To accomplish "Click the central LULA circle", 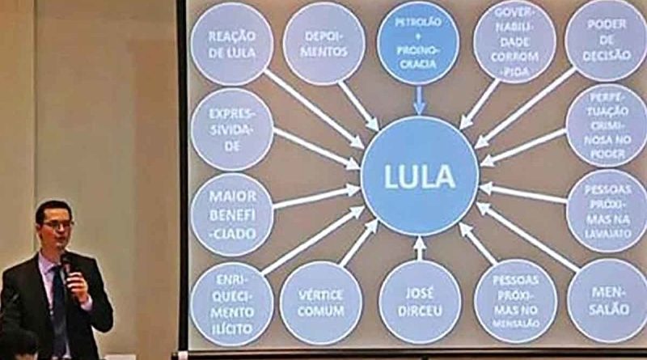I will [x=420, y=176].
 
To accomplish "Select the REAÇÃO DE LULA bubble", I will [x=232, y=44].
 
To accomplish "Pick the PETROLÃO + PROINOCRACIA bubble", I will [x=419, y=44].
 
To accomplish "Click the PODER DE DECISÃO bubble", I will [x=606, y=40].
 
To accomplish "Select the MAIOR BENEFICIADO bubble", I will [x=232, y=214].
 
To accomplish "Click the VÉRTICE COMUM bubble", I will [x=321, y=303].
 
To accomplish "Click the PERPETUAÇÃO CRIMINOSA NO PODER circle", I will [x=607, y=126].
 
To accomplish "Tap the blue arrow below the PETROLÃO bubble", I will [x=419, y=101].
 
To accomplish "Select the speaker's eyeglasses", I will [x=57, y=224].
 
